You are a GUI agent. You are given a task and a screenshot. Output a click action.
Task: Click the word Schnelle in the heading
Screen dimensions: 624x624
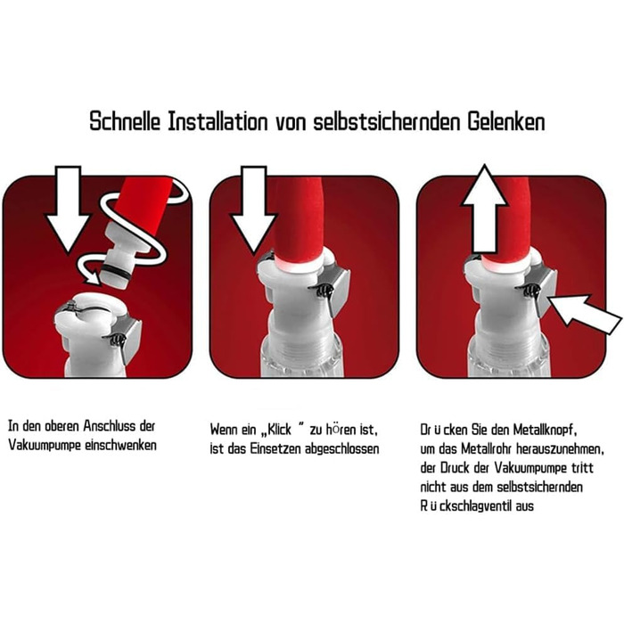(x=125, y=121)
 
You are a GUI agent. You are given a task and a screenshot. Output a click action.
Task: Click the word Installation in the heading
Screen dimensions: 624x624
(x=218, y=121)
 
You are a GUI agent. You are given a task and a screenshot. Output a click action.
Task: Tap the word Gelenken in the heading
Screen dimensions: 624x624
(x=505, y=121)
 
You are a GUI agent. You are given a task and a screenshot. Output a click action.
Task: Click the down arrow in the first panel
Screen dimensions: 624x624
(x=67, y=209)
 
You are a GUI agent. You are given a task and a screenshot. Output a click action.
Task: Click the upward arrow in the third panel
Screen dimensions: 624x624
(x=484, y=208)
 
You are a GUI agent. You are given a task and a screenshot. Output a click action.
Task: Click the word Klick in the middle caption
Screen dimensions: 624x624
(x=279, y=430)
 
